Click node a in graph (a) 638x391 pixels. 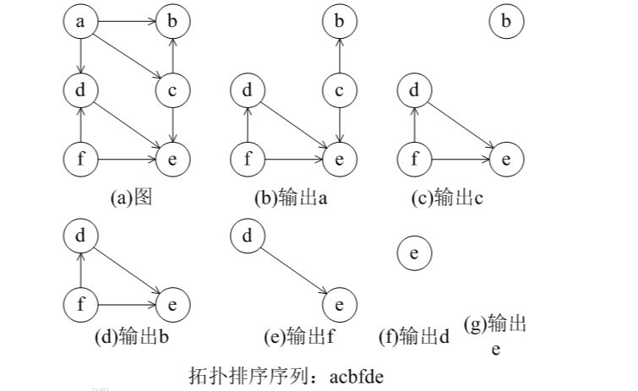[81, 22]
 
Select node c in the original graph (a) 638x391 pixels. [172, 89]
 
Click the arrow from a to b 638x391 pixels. [127, 22]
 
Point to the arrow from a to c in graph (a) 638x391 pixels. [127, 56]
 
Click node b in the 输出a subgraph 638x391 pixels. [339, 22]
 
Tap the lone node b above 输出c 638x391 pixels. [506, 22]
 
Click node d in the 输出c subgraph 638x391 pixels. [414, 90]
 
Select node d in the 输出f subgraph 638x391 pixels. [248, 236]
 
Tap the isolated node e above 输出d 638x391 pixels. [413, 253]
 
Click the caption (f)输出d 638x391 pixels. [414, 337]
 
